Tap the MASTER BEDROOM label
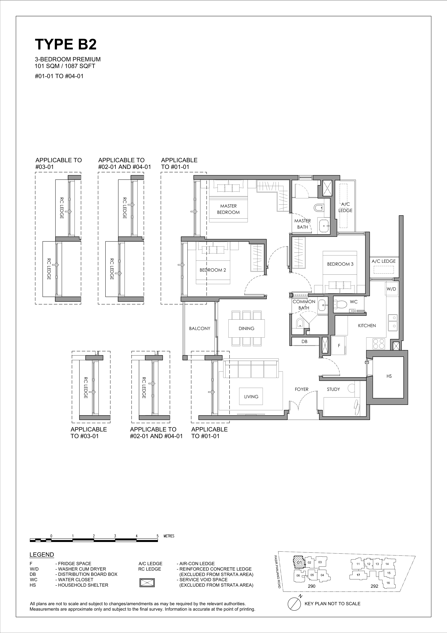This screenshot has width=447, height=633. [228, 209]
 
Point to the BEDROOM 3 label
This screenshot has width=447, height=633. [340, 264]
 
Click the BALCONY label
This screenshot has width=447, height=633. [199, 328]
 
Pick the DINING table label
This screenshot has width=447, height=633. [246, 328]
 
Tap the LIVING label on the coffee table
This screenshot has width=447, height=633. [251, 396]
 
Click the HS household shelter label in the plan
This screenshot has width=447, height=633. [389, 376]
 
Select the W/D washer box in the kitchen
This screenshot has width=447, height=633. [391, 289]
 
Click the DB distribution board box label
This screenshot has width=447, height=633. [304, 341]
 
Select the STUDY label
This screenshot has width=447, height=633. [333, 389]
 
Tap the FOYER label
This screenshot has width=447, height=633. [302, 389]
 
